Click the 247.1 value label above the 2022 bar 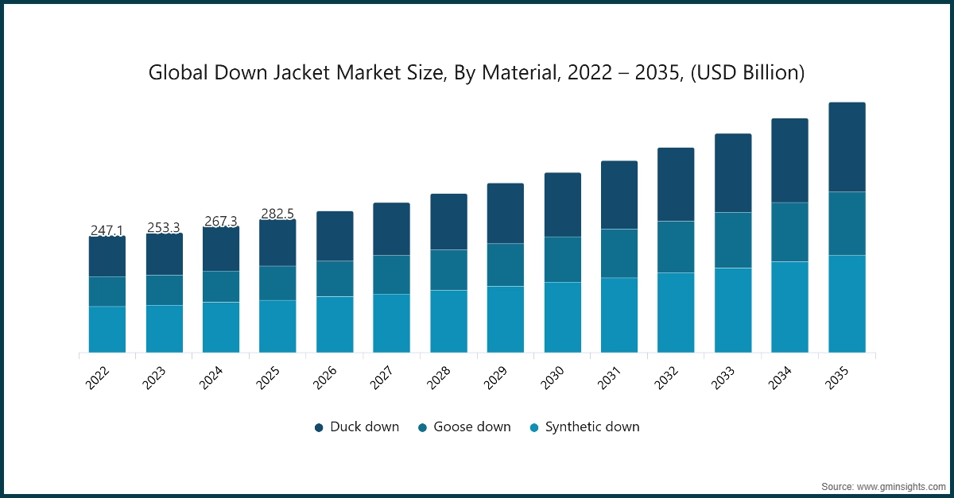point(107,230)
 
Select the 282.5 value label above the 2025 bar point(278,214)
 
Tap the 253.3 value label point(164,228)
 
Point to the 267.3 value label point(220,221)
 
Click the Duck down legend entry point(356,427)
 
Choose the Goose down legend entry point(464,427)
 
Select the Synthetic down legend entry point(584,427)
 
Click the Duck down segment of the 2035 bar point(847,147)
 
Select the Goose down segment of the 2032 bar point(676,247)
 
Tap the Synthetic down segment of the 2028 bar point(448,321)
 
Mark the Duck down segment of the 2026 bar point(335,236)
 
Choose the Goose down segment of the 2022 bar point(107,291)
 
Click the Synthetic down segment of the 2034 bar point(789,307)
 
